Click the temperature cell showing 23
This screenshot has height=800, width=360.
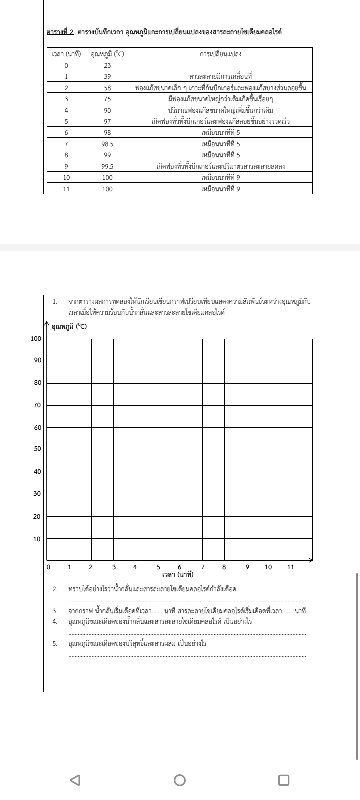tap(107, 65)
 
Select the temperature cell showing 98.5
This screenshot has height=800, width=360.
tap(107, 144)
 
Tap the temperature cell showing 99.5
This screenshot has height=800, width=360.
tap(107, 166)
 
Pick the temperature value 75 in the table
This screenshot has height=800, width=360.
tap(107, 99)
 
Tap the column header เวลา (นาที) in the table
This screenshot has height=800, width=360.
tap(66, 54)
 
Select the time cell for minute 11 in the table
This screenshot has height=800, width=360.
tap(66, 189)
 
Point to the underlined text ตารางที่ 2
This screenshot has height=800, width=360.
tap(60, 32)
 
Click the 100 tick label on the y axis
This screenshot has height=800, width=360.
tap(36, 339)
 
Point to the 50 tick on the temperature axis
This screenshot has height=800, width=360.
tap(37, 449)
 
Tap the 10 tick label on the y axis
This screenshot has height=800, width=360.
tap(37, 539)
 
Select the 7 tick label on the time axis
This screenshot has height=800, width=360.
tap(203, 567)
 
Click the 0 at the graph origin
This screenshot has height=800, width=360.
tap(48, 567)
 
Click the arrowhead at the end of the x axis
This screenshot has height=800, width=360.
tap(310, 560)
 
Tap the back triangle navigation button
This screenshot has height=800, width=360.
tap(75, 779)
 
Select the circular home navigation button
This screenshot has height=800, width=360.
tap(180, 779)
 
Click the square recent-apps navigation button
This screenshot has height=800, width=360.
tap(283, 779)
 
